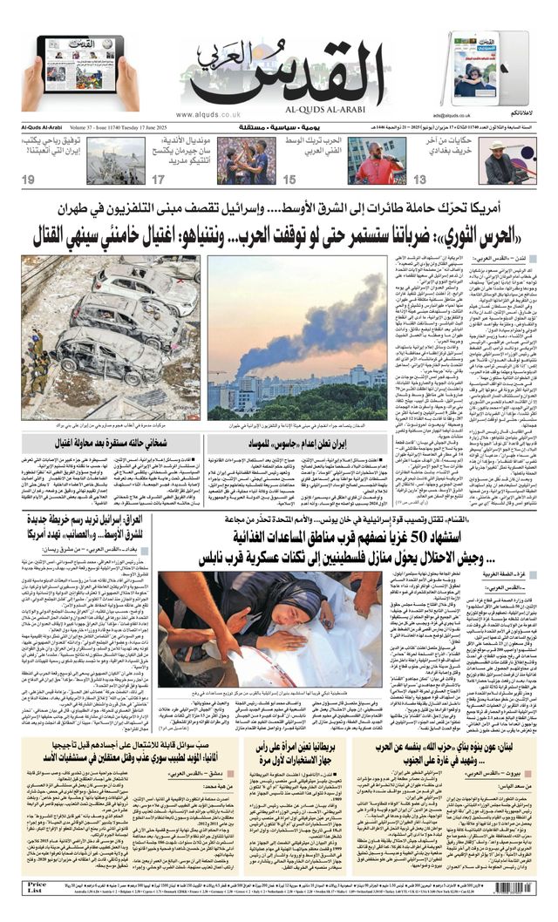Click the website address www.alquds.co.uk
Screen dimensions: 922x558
[x=208, y=114]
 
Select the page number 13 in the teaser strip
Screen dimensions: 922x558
[x=419, y=180]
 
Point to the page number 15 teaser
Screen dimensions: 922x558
[x=289, y=180]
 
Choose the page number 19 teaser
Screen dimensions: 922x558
[x=29, y=180]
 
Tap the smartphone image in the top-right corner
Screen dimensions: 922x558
[x=474, y=70]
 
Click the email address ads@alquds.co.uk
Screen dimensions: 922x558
[x=451, y=115]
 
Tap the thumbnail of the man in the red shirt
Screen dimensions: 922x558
[x=377, y=161]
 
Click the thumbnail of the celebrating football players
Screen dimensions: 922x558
[x=246, y=161]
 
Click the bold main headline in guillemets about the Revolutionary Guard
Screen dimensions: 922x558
[x=279, y=235]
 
